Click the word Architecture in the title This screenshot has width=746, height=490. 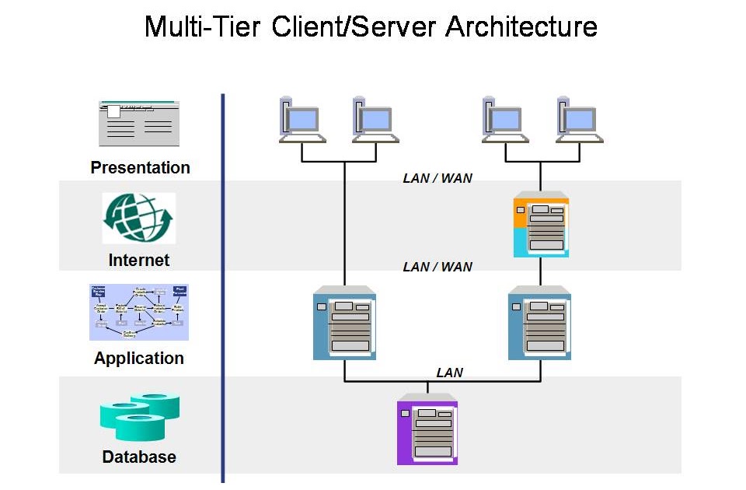[x=521, y=26]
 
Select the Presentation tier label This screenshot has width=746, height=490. [x=140, y=167]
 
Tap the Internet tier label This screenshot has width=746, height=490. [x=139, y=260]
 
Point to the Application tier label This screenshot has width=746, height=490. [x=139, y=358]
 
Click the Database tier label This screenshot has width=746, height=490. [x=139, y=457]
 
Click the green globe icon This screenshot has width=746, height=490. [x=139, y=219]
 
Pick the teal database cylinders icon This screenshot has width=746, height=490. [x=139, y=418]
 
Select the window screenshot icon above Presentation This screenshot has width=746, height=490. [x=139, y=123]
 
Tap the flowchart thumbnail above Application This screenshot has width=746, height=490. [x=139, y=312]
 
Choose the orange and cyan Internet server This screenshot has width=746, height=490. [x=541, y=226]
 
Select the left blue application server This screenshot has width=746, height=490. [x=344, y=323]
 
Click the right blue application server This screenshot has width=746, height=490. [x=539, y=323]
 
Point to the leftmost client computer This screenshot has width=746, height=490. [x=302, y=121]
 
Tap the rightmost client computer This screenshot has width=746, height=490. [x=580, y=121]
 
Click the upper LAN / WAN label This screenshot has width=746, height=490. [x=437, y=178]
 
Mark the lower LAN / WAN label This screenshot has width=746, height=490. [x=437, y=267]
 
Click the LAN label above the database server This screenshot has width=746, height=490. [x=449, y=373]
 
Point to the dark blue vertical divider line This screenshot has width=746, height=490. [x=223, y=288]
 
